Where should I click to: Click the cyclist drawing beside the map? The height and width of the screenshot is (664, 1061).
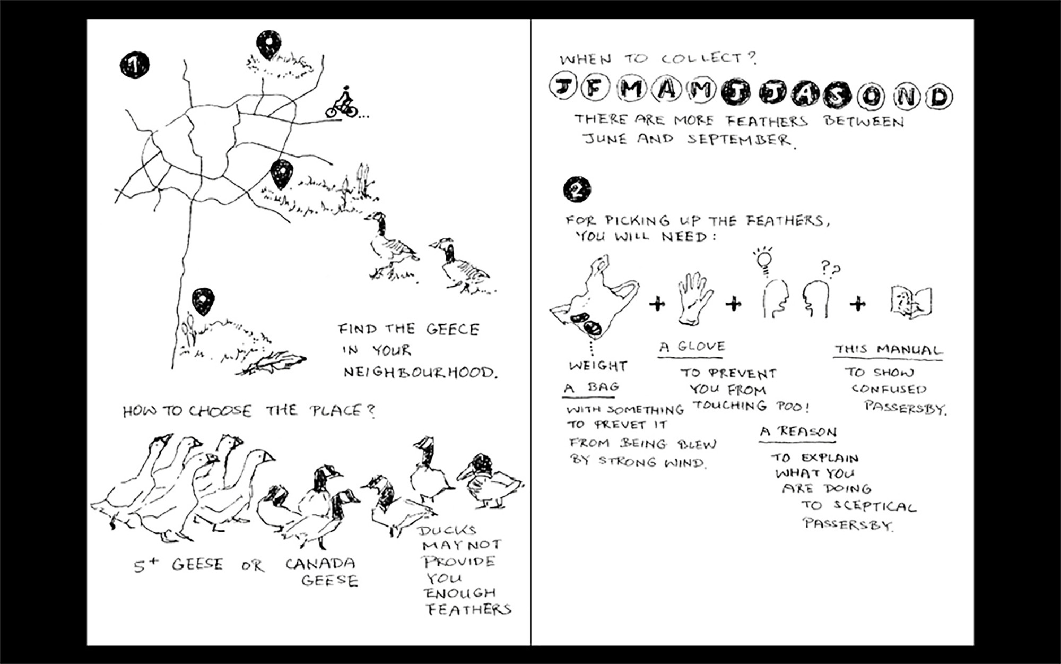click(x=342, y=102)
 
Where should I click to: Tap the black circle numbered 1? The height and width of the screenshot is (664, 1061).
click(x=134, y=65)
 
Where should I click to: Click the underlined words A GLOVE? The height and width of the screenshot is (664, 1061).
click(x=692, y=347)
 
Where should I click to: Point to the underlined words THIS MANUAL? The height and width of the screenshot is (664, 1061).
click(x=889, y=350)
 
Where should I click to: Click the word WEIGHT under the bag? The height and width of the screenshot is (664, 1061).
click(x=598, y=366)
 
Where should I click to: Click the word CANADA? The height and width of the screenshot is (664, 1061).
click(x=320, y=563)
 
